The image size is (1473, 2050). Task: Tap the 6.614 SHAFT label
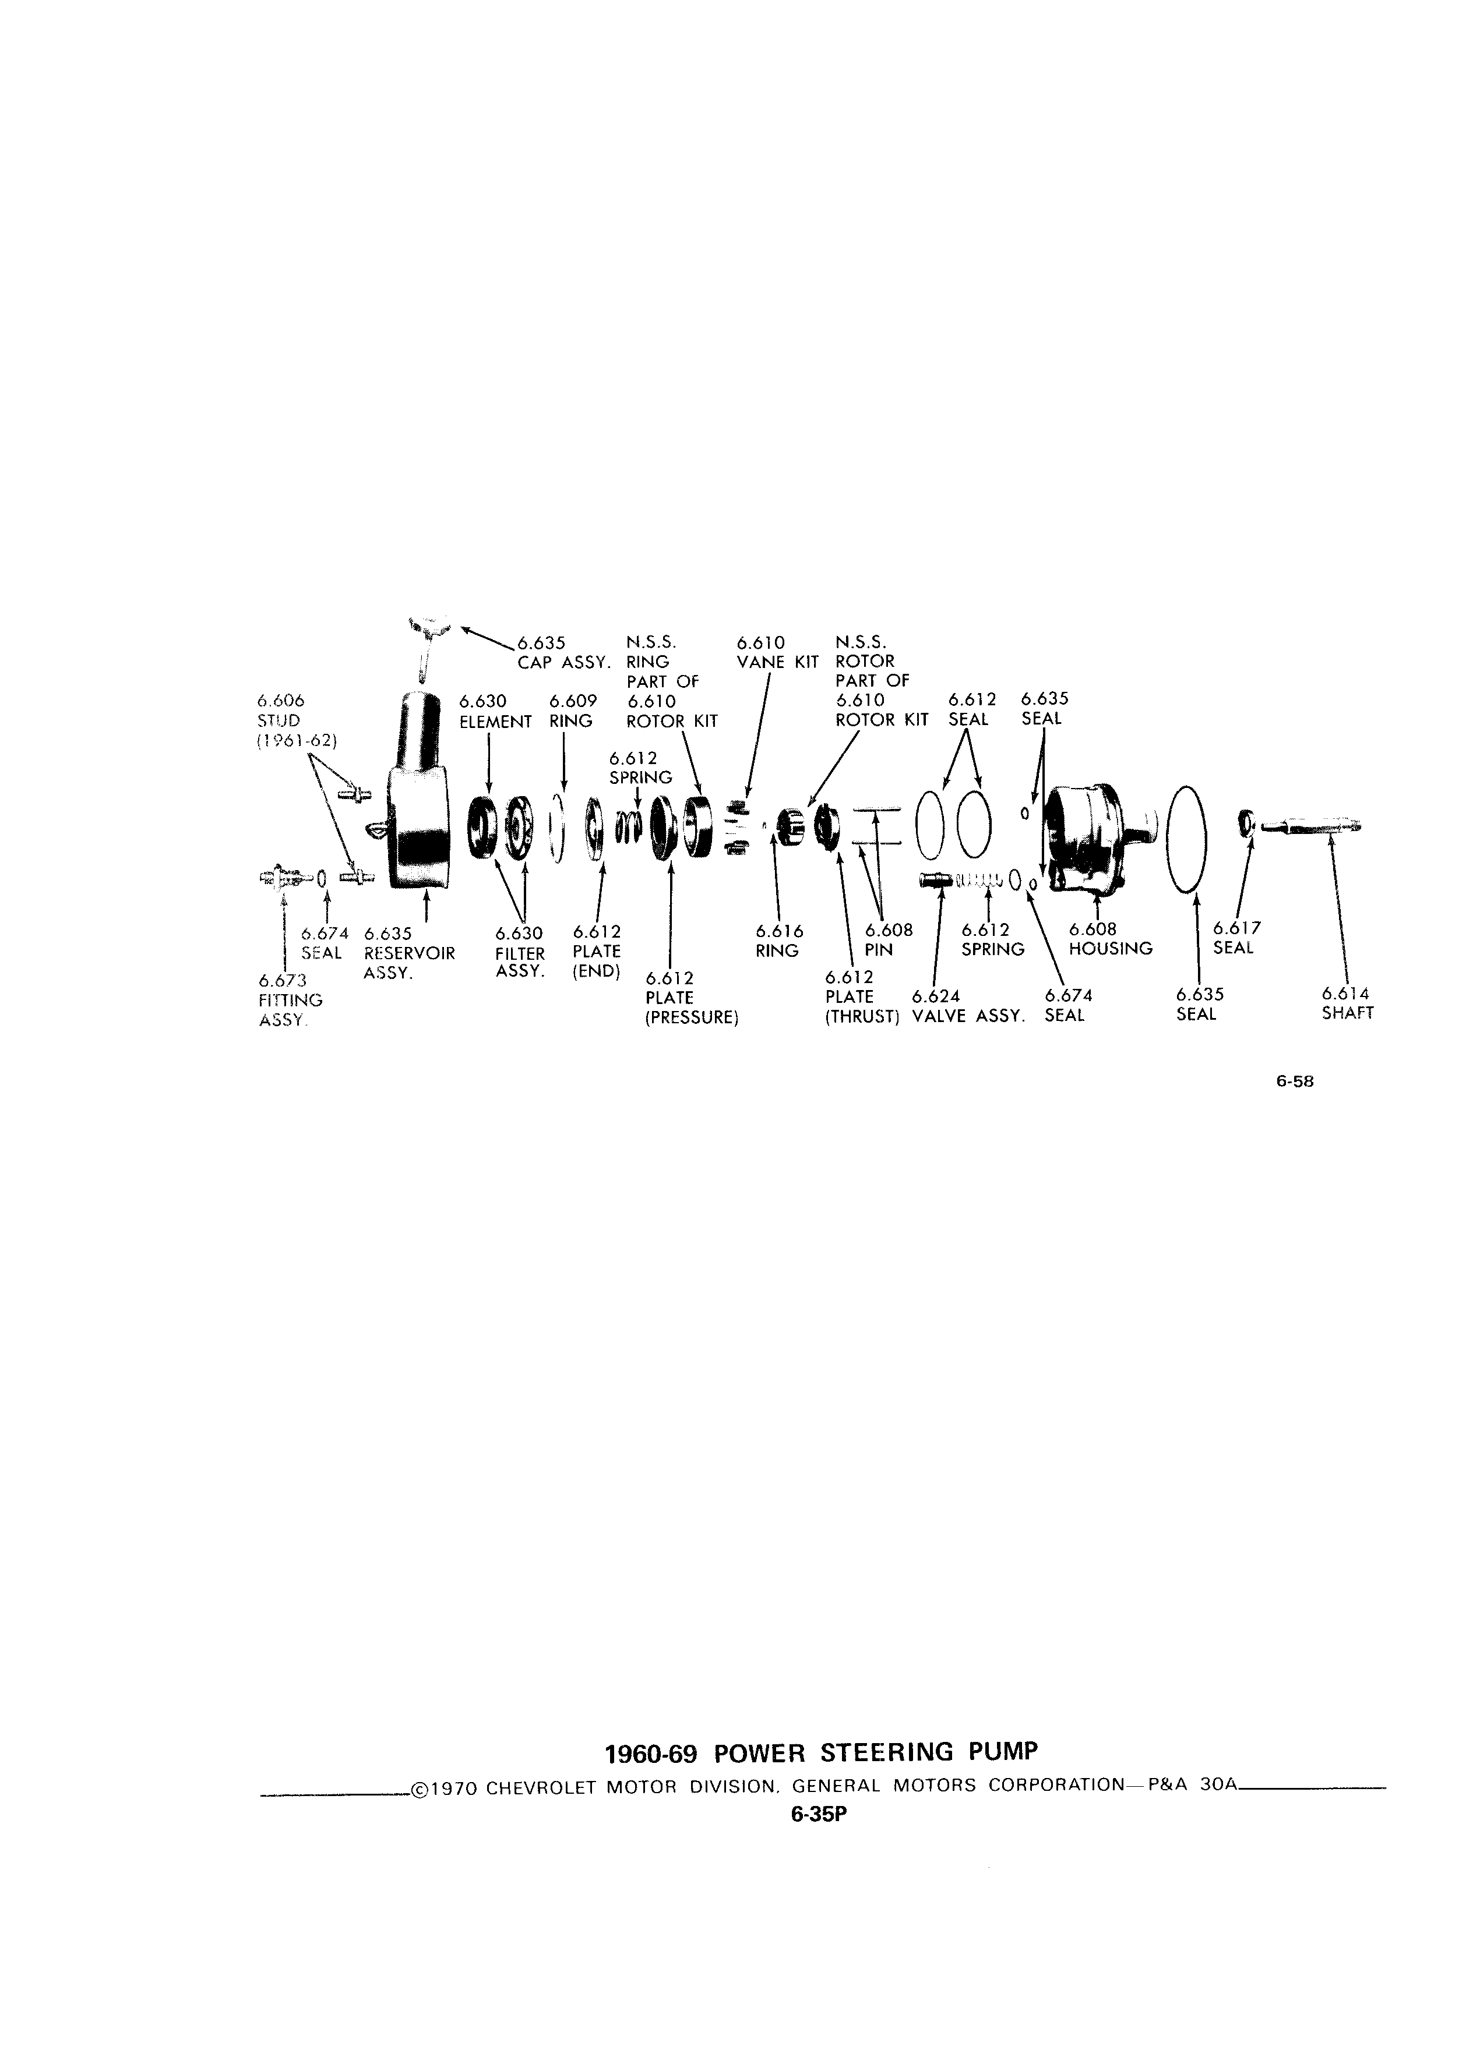pos(1347,1003)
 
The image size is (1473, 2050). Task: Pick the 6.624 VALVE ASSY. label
pos(968,1005)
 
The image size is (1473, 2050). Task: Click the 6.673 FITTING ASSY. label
pos(290,1000)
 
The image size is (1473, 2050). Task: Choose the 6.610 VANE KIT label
pos(776,652)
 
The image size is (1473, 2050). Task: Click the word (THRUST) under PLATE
pos(862,1015)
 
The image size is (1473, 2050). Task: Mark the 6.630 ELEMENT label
pos(495,711)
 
